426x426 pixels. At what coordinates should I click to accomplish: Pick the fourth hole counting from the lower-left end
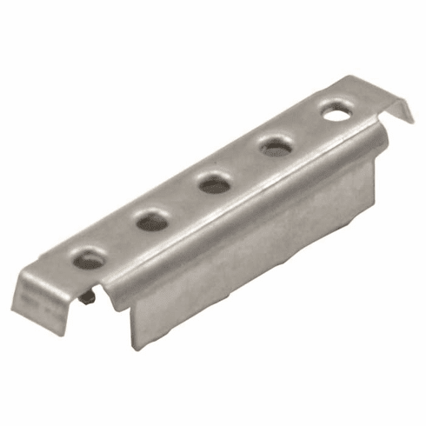tap(276, 146)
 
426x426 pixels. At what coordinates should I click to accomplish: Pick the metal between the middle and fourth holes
tap(244, 165)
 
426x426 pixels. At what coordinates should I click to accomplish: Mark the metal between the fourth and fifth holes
tap(307, 129)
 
